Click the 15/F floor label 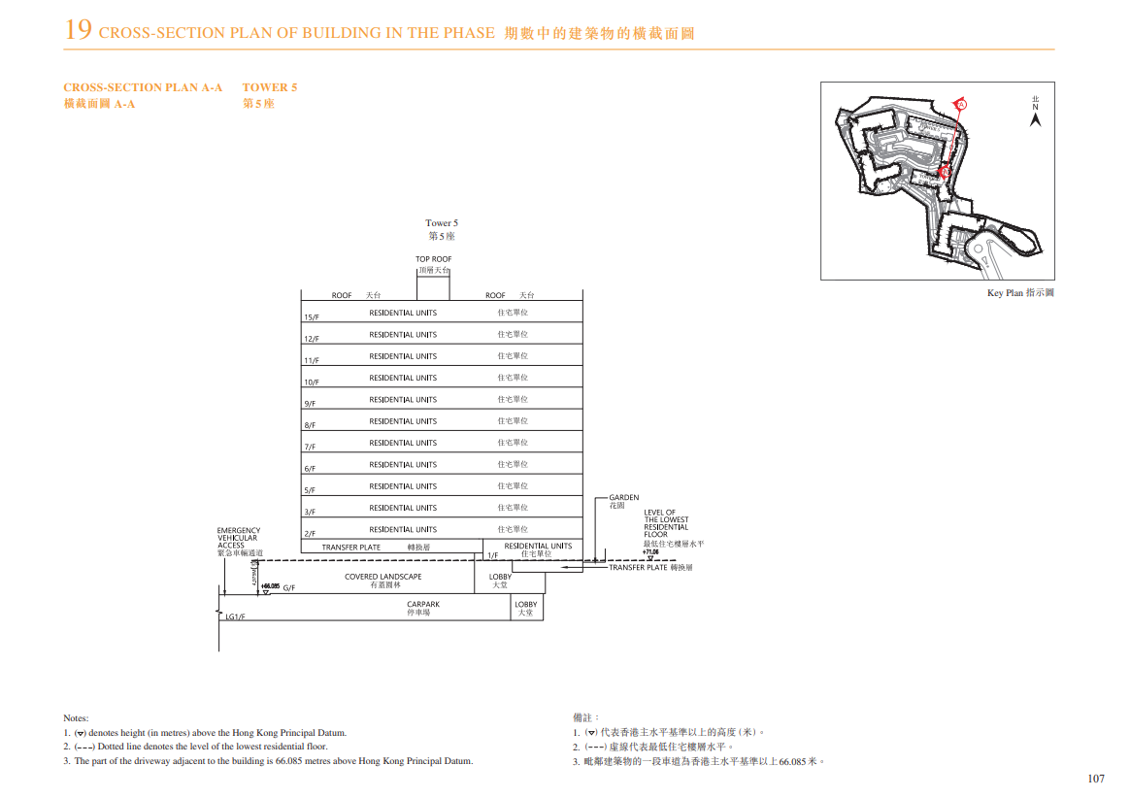tap(311, 317)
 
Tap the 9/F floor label tap(310, 404)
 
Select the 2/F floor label tap(310, 534)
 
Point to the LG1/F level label tap(235, 616)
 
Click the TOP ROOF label tap(434, 259)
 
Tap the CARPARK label tap(423, 604)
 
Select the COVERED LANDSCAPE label tap(383, 577)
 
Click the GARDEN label tap(624, 498)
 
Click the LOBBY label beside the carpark tap(525, 605)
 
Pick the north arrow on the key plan tap(1035, 117)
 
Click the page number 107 tap(1096, 779)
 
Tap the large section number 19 tap(79, 31)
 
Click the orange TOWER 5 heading tap(270, 87)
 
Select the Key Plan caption tap(1020, 292)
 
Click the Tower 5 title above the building tap(442, 223)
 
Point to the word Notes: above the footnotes tap(76, 717)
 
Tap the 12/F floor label tap(311, 339)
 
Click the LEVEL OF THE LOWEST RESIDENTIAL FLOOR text tap(666, 523)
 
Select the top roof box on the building tap(434, 284)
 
